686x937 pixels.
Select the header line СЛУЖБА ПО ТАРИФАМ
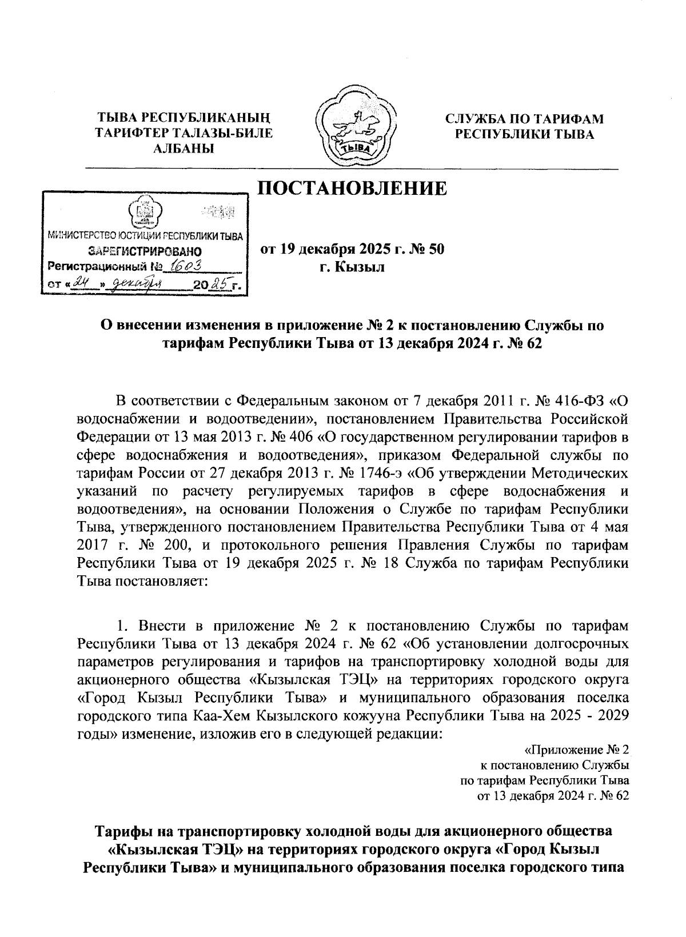pos(524,119)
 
